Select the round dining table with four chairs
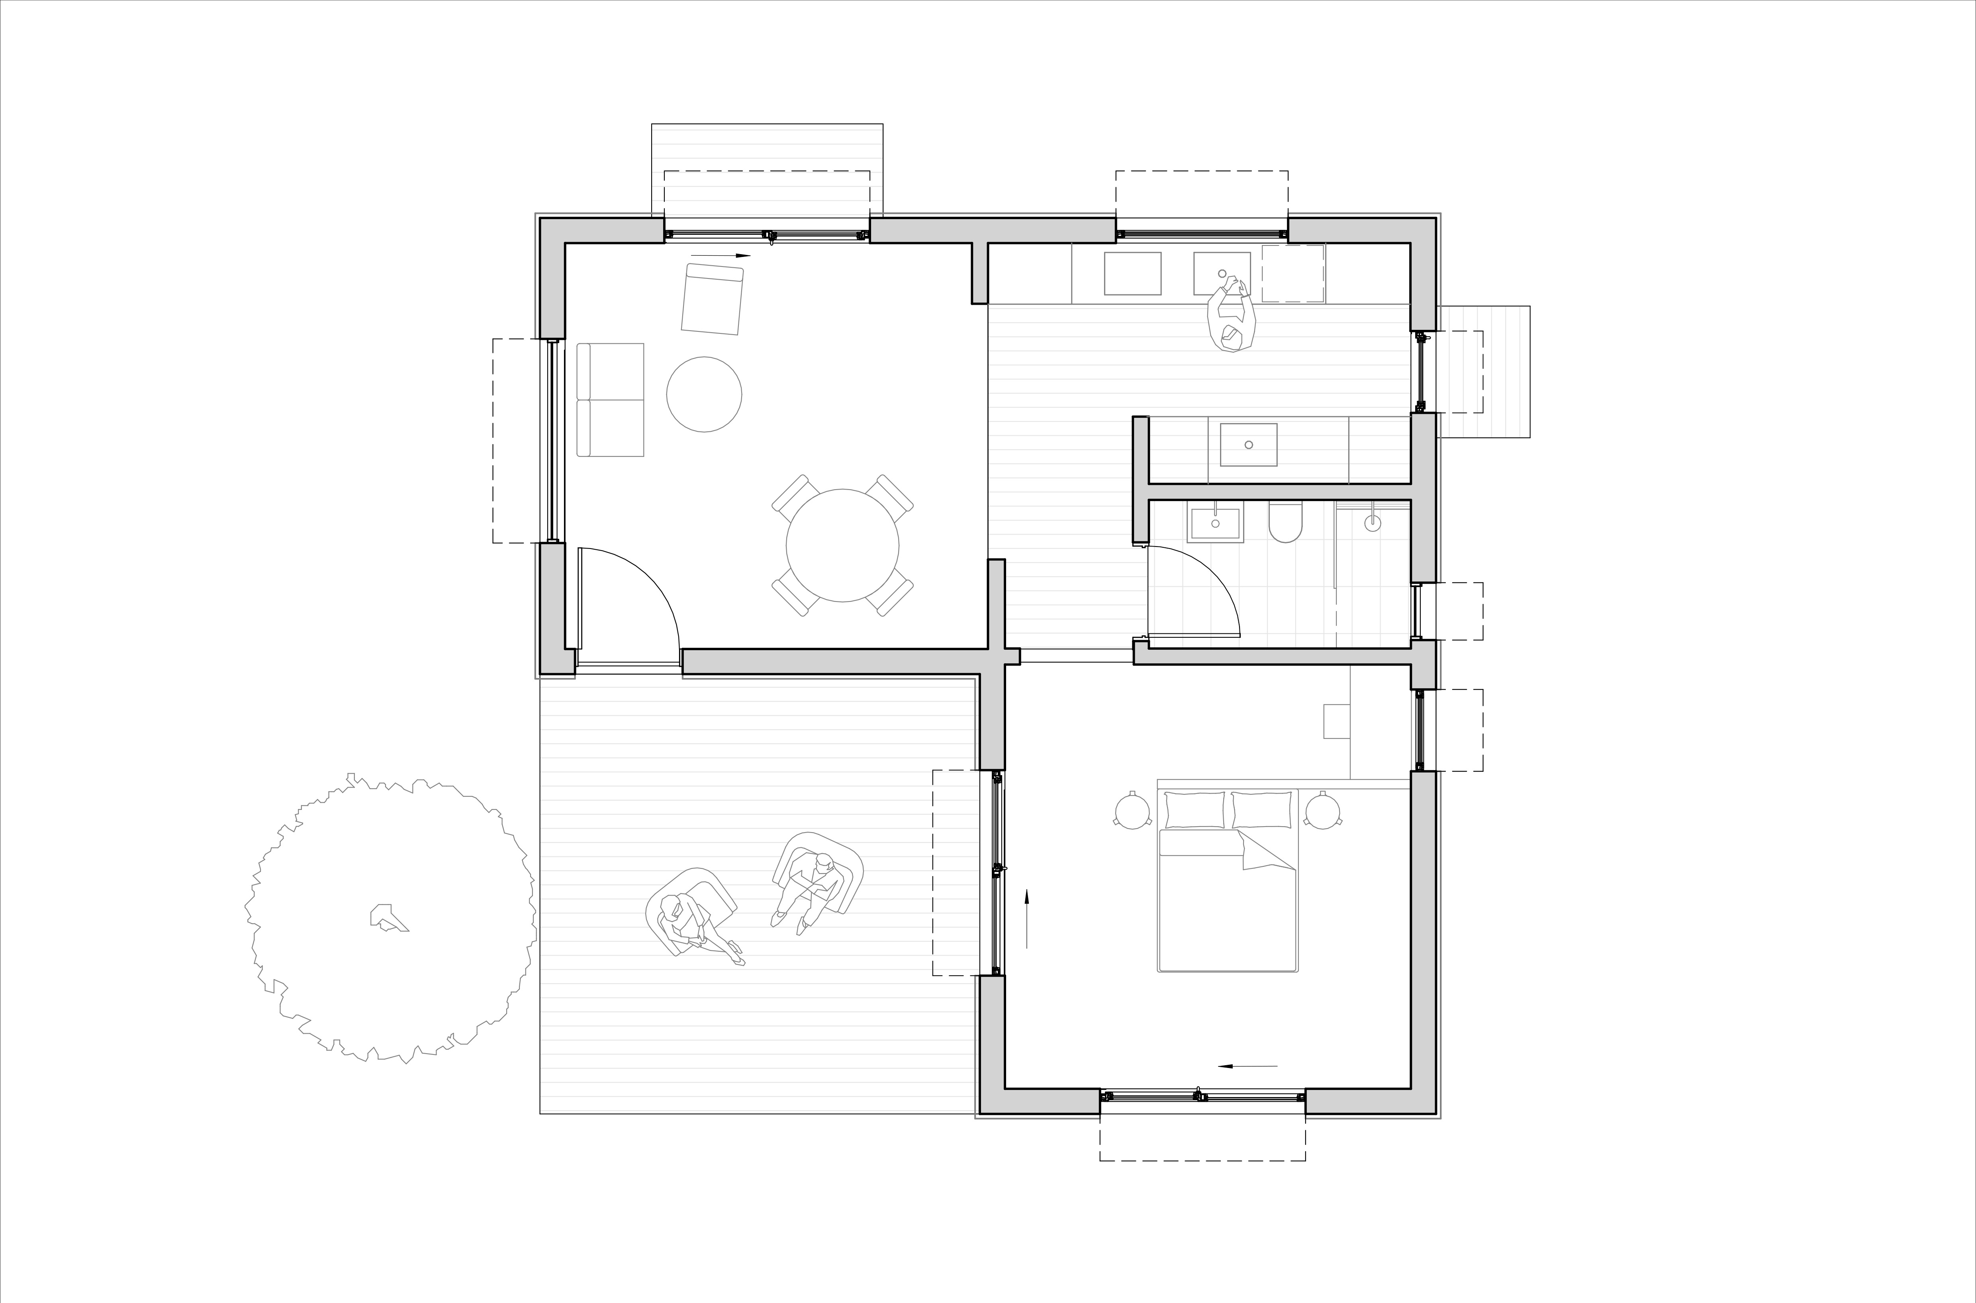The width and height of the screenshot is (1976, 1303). tap(842, 545)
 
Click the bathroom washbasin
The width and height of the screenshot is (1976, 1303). tap(1215, 523)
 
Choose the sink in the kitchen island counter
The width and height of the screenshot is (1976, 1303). tap(1248, 445)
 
